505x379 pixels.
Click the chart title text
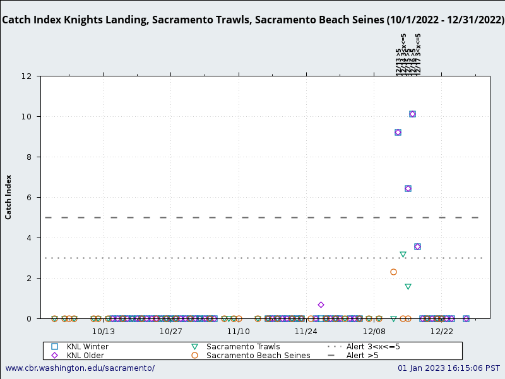pyautogui.click(x=252, y=20)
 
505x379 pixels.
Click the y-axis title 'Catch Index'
pyautogui.click(x=9, y=197)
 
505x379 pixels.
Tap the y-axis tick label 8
pyautogui.click(x=29, y=157)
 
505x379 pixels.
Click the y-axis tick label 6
pyautogui.click(x=29, y=198)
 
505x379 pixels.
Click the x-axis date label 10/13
pyautogui.click(x=104, y=331)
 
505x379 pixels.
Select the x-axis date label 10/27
pyautogui.click(x=171, y=331)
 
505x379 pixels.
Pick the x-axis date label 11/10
pyautogui.click(x=239, y=331)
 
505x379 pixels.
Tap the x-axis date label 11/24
pyautogui.click(x=306, y=331)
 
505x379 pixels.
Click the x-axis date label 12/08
pyautogui.click(x=374, y=331)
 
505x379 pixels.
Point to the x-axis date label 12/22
pyautogui.click(x=441, y=331)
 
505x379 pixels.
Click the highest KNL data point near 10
pyautogui.click(x=412, y=114)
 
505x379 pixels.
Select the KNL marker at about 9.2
pyautogui.click(x=398, y=133)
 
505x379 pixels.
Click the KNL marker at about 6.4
pyautogui.click(x=408, y=189)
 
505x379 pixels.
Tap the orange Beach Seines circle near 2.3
pyautogui.click(x=393, y=272)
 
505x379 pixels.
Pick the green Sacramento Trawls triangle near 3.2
pyautogui.click(x=403, y=255)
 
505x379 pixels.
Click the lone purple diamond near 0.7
pyautogui.click(x=321, y=305)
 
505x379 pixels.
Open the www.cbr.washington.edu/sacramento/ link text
pyautogui.click(x=80, y=368)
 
